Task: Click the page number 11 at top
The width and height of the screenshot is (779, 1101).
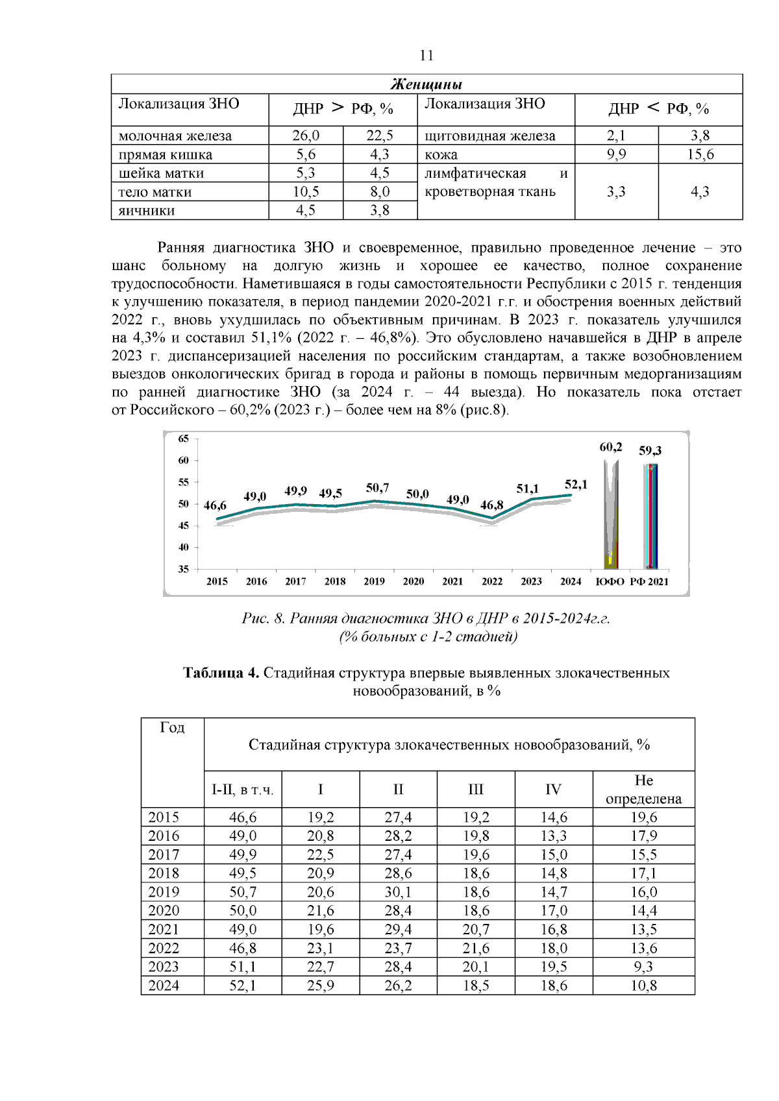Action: (x=426, y=56)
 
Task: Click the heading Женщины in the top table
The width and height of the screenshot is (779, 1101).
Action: (x=426, y=85)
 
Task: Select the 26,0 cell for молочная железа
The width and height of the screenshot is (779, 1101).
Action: (x=306, y=136)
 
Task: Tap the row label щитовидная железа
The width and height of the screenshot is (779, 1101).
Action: (x=489, y=136)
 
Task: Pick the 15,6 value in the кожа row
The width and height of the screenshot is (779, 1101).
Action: (x=700, y=154)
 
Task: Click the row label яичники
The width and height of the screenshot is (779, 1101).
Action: (x=147, y=210)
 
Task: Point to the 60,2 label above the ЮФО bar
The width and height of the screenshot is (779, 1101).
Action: (x=610, y=447)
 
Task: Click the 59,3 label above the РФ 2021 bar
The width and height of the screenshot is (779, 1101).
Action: (x=650, y=450)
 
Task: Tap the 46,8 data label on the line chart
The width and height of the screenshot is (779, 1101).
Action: (x=491, y=505)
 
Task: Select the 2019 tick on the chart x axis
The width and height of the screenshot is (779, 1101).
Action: (x=374, y=581)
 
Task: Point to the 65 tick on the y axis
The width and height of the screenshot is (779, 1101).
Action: (x=184, y=439)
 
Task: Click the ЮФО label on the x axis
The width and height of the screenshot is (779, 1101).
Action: (x=610, y=581)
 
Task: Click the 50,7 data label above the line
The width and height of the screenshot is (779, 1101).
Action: (x=377, y=487)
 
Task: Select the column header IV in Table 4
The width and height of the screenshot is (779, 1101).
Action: (x=553, y=790)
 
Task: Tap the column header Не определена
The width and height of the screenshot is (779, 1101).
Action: (x=643, y=790)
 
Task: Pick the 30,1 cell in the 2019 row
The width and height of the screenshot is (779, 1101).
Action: (x=398, y=892)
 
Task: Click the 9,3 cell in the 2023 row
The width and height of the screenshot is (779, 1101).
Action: (x=643, y=967)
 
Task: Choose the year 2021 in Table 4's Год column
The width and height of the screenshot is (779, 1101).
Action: (x=164, y=930)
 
